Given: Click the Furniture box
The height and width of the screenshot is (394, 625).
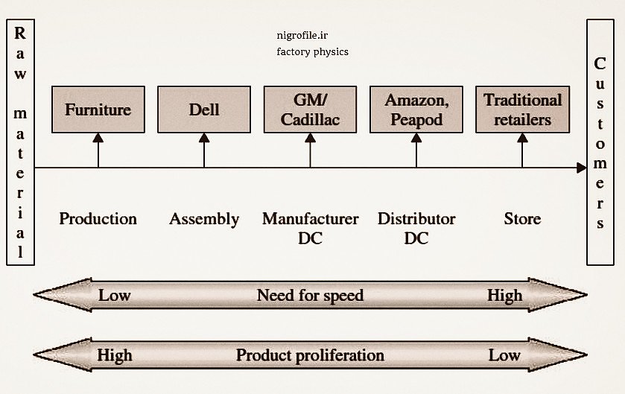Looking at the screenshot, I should tap(98, 109).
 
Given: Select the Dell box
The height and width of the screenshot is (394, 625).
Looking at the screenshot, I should tap(204, 109).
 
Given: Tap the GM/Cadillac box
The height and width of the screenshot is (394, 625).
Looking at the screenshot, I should tap(310, 109).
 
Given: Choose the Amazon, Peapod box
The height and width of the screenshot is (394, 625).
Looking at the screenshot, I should tap(416, 109).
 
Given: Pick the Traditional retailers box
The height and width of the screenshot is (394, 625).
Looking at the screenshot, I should tap(522, 109).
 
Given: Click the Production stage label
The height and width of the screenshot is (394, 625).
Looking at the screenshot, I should tap(98, 219).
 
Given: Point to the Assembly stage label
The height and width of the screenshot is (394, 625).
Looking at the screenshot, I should tap(204, 219).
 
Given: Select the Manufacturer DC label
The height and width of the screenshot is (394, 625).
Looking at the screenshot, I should tap(310, 228).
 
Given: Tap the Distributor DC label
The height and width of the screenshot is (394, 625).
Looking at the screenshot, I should tap(416, 228).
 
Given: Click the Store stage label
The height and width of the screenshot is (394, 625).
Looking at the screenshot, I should tap(522, 219).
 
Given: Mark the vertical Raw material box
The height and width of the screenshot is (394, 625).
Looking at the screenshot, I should tap(20, 142).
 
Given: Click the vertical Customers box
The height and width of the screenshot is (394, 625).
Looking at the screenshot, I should tap(600, 142).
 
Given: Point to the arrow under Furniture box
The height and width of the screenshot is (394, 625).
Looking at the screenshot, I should tap(98, 150).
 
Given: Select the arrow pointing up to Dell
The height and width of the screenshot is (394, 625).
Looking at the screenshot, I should tap(204, 150).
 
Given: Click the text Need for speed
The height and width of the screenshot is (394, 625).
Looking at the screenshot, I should tap(310, 296).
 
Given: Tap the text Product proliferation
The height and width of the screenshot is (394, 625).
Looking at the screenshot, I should tap(310, 355).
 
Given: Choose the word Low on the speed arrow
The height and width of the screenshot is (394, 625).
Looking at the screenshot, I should tap(115, 296).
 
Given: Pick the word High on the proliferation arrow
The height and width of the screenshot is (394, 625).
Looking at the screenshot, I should tap(115, 355).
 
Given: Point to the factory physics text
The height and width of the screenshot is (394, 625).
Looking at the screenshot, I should tap(312, 52).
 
